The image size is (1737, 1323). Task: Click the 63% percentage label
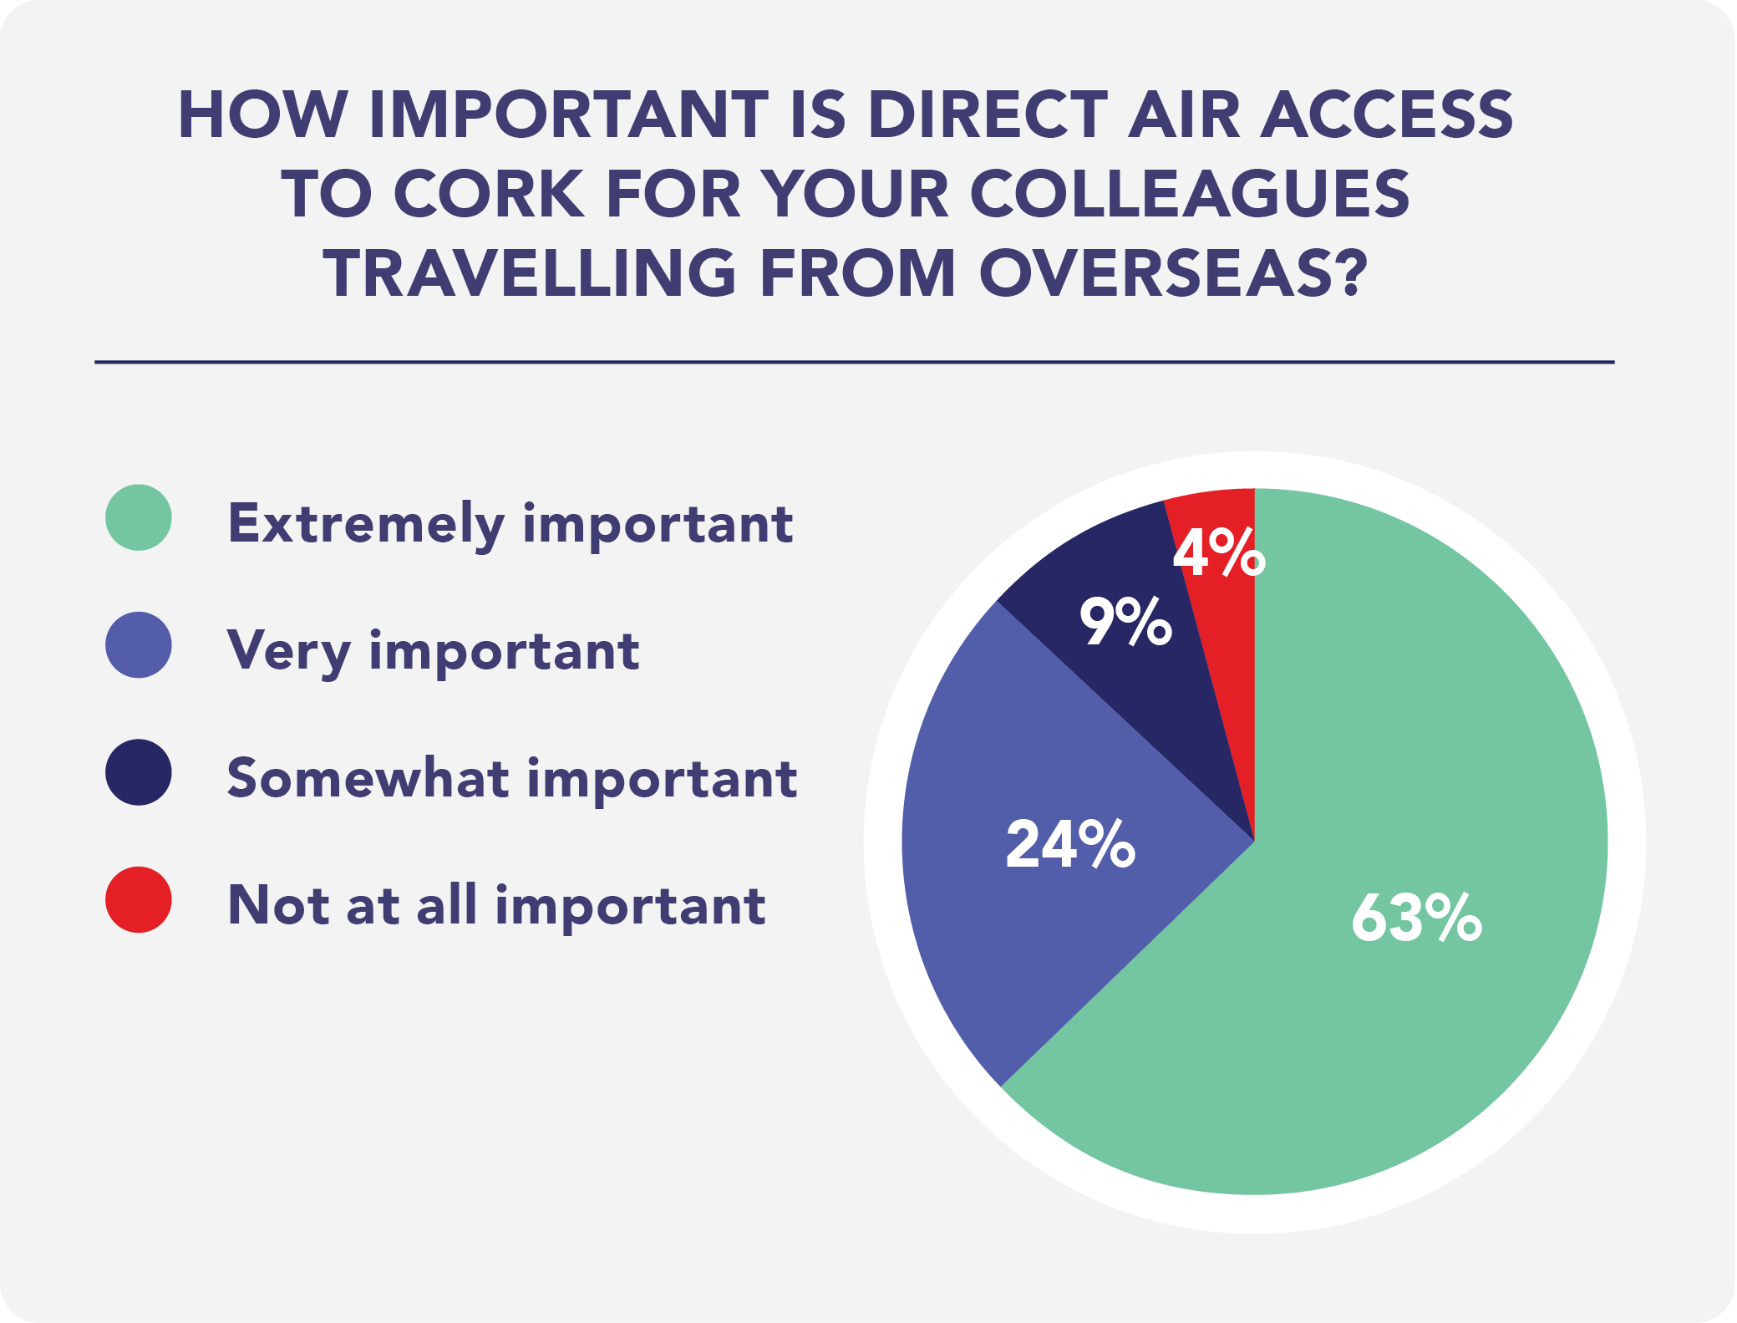point(1417,918)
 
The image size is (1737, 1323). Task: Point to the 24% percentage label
point(1070,844)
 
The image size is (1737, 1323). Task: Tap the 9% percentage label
point(1126,621)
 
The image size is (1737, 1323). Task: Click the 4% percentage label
point(1220,552)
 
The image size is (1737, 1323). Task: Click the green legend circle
point(139,517)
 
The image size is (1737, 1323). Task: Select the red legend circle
point(139,899)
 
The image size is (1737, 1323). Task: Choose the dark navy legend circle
point(139,772)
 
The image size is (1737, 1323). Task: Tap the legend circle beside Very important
point(139,644)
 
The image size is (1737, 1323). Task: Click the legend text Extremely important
point(510,525)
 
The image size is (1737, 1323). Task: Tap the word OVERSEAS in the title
point(1173,273)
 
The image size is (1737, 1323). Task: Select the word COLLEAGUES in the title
point(1190,194)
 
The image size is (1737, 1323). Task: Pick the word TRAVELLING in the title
point(530,273)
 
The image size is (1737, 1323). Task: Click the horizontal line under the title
point(854,362)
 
